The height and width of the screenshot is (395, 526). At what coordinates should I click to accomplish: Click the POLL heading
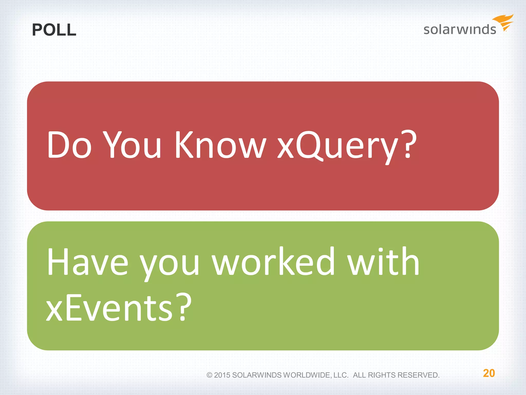pyautogui.click(x=54, y=30)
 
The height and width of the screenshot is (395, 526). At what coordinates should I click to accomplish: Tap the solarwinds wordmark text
pyautogui.click(x=459, y=29)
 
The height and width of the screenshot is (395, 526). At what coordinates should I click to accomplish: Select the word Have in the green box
pyautogui.click(x=87, y=262)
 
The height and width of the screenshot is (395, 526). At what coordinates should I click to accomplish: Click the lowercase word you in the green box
pyautogui.click(x=170, y=265)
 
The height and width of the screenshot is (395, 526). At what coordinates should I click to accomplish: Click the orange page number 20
pyautogui.click(x=489, y=373)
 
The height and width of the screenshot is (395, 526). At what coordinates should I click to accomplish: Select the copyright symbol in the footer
pyautogui.click(x=209, y=375)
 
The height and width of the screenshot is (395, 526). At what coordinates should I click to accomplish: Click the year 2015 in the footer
pyautogui.click(x=222, y=375)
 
